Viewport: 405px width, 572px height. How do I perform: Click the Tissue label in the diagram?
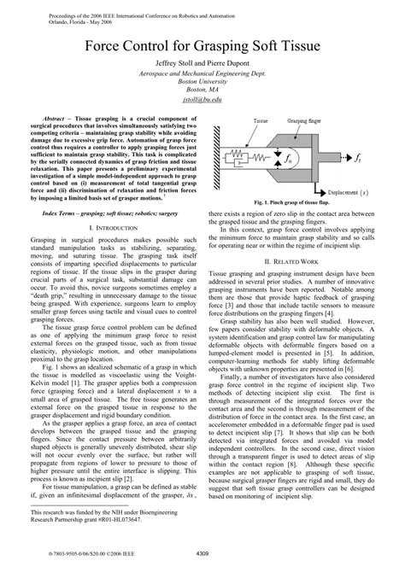point(260,121)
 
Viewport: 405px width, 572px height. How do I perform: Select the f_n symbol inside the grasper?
point(297,158)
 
